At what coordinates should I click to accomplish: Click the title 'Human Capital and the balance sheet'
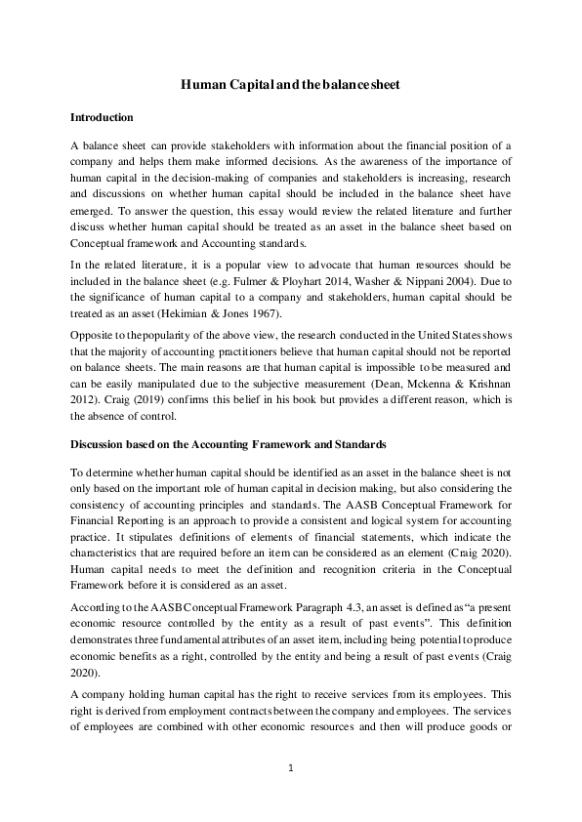coord(290,85)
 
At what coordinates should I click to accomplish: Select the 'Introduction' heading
coord(102,117)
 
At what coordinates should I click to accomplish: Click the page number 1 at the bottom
coord(291,768)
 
